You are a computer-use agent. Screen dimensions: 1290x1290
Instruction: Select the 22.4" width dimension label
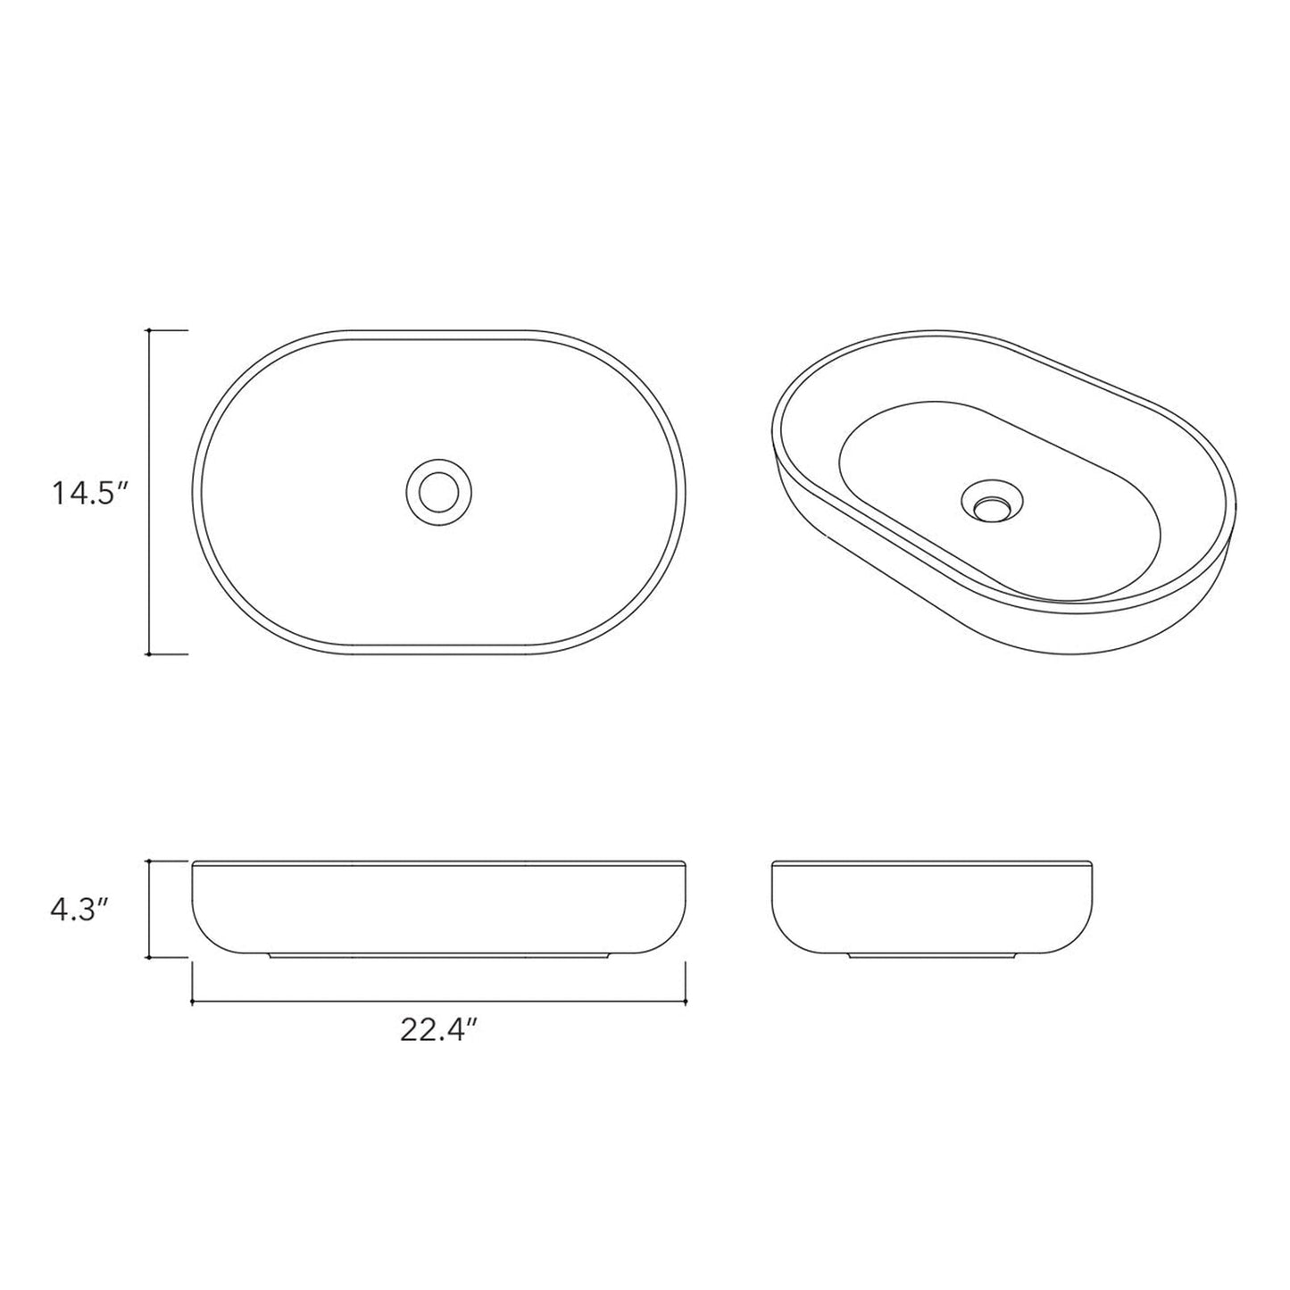click(x=438, y=1030)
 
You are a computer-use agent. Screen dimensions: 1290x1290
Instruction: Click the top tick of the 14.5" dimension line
click(x=149, y=330)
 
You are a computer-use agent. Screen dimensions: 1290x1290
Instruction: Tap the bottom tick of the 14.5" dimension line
click(x=149, y=654)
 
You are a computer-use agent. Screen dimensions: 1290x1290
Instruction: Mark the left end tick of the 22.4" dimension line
click(x=193, y=1003)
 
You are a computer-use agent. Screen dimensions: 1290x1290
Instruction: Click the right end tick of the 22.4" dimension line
click(x=685, y=1003)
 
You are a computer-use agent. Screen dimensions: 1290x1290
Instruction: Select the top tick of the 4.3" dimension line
click(x=149, y=861)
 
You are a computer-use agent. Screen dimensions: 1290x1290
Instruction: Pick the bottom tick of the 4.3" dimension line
click(x=149, y=957)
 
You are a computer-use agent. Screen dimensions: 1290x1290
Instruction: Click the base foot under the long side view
click(x=438, y=958)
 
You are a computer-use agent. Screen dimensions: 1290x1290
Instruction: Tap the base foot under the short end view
click(x=931, y=958)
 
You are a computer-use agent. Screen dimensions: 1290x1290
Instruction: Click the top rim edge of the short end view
click(x=931, y=862)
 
